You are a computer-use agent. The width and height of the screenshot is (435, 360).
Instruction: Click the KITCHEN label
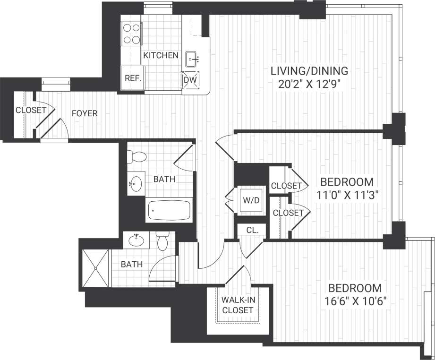161,55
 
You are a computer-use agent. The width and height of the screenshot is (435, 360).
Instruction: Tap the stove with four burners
132,34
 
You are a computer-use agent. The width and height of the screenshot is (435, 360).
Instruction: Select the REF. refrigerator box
133,79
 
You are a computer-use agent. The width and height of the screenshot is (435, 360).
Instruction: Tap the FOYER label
85,113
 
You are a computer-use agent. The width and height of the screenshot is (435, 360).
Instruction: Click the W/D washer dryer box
251,200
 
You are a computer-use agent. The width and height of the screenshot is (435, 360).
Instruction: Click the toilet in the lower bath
162,241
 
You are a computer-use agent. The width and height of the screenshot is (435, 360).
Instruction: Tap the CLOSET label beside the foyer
31,110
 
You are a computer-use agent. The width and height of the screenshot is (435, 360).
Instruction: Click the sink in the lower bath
137,240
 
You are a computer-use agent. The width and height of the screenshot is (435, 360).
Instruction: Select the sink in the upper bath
136,184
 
